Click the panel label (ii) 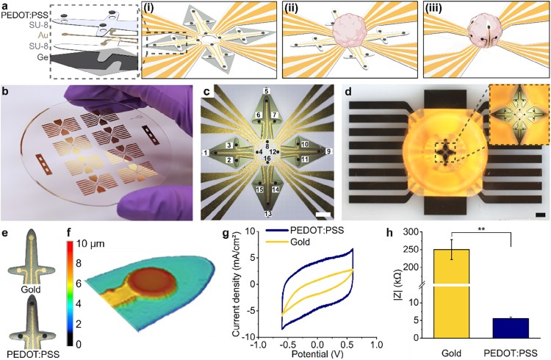(296, 11)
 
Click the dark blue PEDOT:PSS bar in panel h (508, 328)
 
